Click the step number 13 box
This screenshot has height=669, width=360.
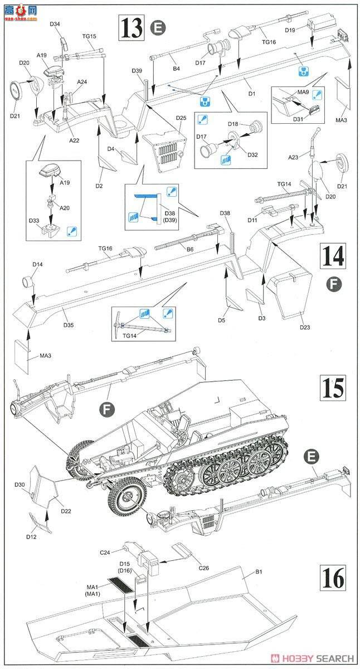click(x=131, y=27)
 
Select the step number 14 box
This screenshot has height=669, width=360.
click(x=333, y=257)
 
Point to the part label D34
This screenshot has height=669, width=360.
click(x=55, y=24)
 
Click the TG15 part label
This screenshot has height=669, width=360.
click(x=89, y=36)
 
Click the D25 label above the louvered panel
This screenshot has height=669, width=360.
click(x=181, y=118)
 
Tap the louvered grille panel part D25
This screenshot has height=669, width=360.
click(x=165, y=148)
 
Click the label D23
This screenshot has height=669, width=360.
click(x=305, y=327)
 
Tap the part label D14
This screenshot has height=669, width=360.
click(x=37, y=264)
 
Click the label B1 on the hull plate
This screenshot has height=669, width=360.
click(x=259, y=571)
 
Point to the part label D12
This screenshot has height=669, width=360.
click(x=31, y=536)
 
